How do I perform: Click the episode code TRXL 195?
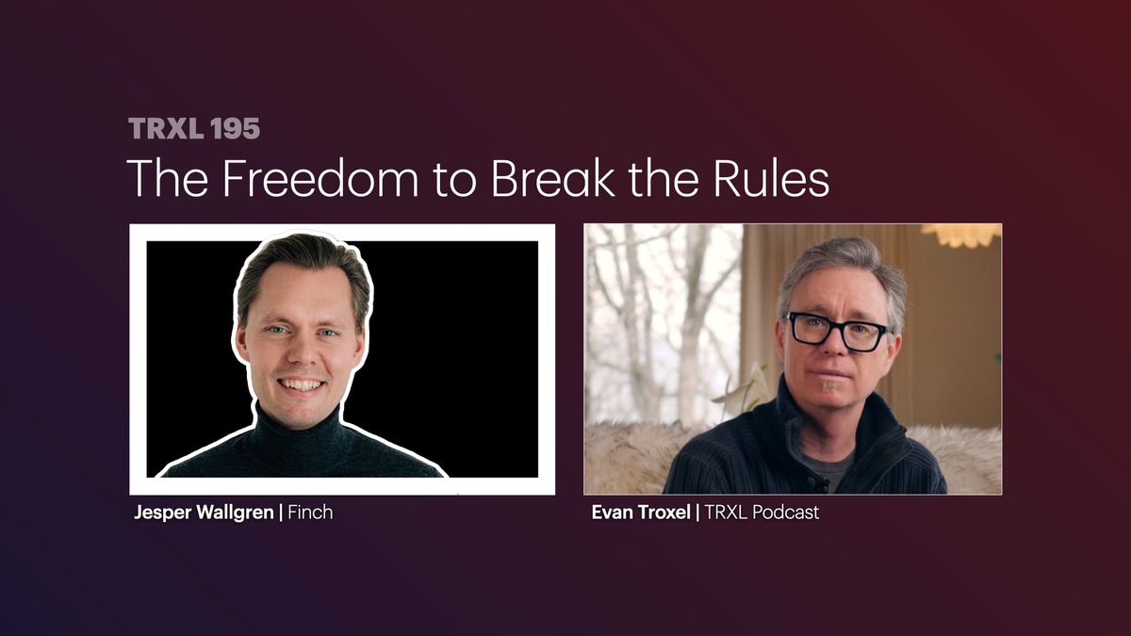point(193,129)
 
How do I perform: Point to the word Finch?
point(309,514)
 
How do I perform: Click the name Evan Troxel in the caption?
point(640,514)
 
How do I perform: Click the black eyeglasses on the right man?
point(837,331)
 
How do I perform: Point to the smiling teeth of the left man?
point(302,384)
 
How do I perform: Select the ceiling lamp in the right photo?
point(961,234)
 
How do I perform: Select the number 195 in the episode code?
point(236,129)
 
